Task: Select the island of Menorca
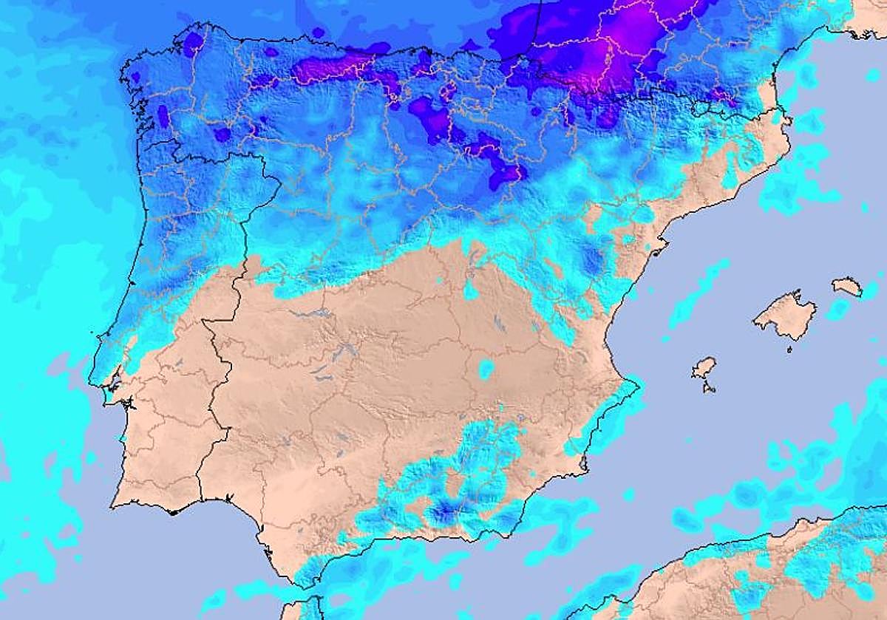847,286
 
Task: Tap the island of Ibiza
704,367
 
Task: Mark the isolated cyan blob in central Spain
486,369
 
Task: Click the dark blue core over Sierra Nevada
443,510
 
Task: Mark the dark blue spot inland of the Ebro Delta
592,259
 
